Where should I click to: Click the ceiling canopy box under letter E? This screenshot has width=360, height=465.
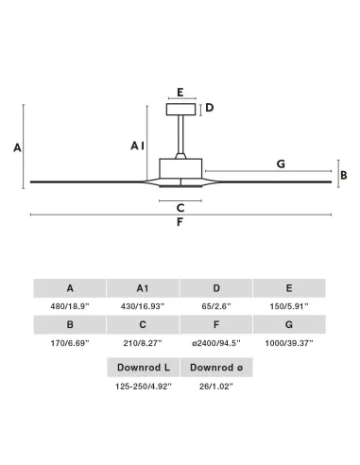(x=180, y=110)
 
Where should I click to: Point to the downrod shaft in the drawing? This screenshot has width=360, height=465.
(x=180, y=134)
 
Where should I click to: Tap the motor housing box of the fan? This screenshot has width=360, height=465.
(x=180, y=168)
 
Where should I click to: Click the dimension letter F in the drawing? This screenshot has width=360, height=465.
(x=180, y=222)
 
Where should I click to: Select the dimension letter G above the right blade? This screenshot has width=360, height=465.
(x=281, y=164)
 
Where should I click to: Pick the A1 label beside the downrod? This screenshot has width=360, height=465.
(x=138, y=146)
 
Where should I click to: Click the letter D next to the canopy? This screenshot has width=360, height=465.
(x=210, y=108)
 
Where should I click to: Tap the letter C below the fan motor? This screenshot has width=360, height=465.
(x=180, y=208)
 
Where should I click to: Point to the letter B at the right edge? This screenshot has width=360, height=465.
(x=344, y=175)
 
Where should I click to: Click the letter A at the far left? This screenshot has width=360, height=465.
(x=17, y=147)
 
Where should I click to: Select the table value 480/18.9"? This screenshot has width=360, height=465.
(x=70, y=306)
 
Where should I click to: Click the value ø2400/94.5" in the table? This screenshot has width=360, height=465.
(x=216, y=343)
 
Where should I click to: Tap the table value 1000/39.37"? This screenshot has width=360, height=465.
(x=289, y=343)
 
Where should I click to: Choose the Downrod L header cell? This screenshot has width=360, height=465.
(x=144, y=368)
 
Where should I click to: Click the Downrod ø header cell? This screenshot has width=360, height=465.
(x=216, y=368)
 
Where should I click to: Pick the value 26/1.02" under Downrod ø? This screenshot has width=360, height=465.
(x=216, y=386)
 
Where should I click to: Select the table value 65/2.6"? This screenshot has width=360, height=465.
(x=216, y=306)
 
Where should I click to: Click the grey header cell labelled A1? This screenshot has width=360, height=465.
(x=143, y=288)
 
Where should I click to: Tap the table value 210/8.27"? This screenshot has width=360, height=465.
(x=143, y=343)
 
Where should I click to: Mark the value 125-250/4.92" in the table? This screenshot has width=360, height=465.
(x=144, y=386)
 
